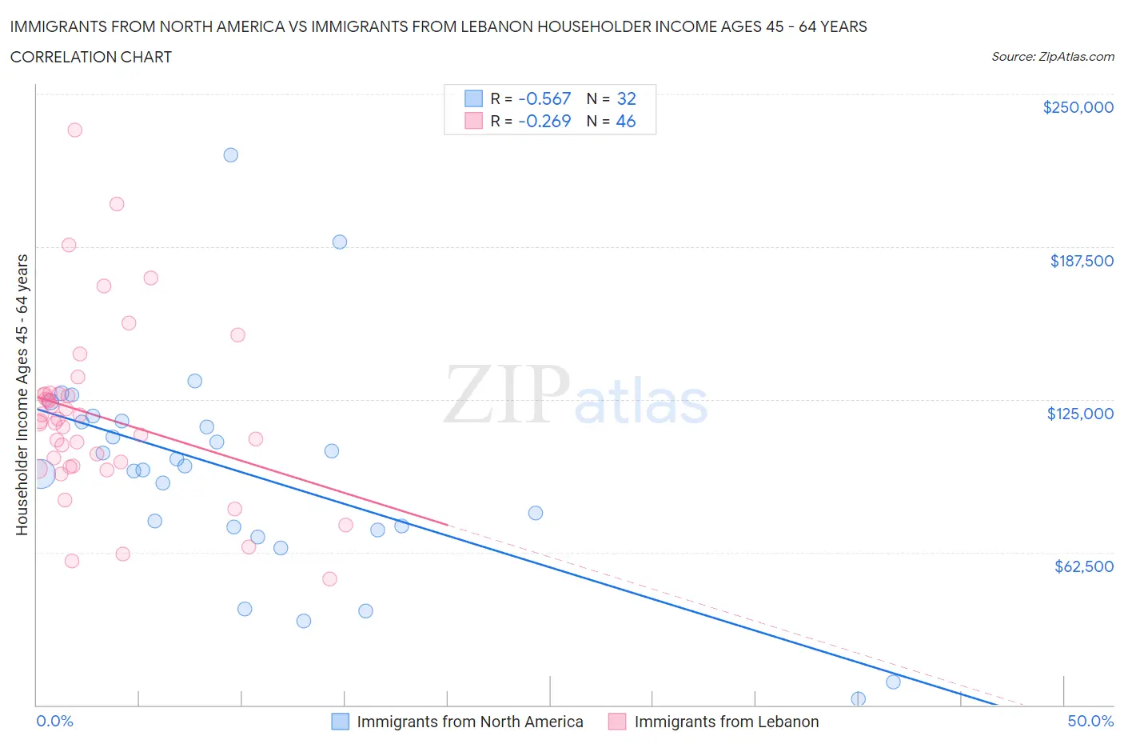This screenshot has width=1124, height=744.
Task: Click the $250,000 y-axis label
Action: pyautogui.click(x=1078, y=107)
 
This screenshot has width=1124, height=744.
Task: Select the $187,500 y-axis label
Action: pyautogui.click(x=1082, y=261)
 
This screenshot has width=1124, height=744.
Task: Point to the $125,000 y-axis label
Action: pyautogui.click(x=1080, y=414)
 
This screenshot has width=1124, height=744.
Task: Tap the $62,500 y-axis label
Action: pyautogui.click(x=1083, y=566)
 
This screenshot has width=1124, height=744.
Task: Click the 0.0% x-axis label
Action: pyautogui.click(x=54, y=721)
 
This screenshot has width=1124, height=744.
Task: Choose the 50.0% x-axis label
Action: pyautogui.click(x=1090, y=721)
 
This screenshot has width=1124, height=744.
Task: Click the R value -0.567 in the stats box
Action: pyautogui.click(x=544, y=98)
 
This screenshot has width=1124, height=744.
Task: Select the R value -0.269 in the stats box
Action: pyautogui.click(x=544, y=121)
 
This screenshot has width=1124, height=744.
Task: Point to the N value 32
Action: pyautogui.click(x=626, y=98)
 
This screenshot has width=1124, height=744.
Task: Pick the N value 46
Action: pyautogui.click(x=626, y=121)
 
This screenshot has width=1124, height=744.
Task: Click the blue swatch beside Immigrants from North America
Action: pyautogui.click(x=340, y=722)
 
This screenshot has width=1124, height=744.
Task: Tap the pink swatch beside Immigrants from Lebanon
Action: pyautogui.click(x=616, y=722)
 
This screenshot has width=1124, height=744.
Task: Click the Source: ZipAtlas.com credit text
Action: pyautogui.click(x=1052, y=57)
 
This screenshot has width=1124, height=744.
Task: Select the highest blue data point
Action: pyautogui.click(x=230, y=155)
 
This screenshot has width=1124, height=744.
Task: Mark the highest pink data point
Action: pyautogui.click(x=74, y=130)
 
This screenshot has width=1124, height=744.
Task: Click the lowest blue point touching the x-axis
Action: pyautogui.click(x=858, y=698)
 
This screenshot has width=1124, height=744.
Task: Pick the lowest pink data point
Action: pyautogui.click(x=329, y=579)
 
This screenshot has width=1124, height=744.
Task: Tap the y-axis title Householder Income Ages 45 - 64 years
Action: pyautogui.click(x=22, y=394)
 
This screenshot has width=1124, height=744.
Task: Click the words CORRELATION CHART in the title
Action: pyautogui.click(x=91, y=57)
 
